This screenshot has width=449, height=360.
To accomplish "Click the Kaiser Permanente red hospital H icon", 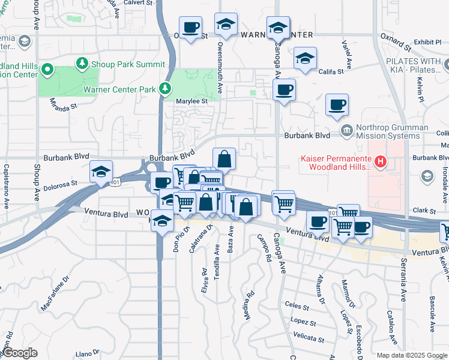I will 379,161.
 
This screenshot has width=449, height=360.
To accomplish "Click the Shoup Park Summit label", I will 127,64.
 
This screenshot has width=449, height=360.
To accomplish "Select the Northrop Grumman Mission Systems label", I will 392,131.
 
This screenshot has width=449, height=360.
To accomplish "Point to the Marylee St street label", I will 191,101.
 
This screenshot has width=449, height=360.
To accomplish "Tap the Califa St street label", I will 331,71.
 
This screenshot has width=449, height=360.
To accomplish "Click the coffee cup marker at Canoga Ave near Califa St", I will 284,91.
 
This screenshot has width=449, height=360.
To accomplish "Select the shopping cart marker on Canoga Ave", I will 283,203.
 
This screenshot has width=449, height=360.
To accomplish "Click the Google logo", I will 20,353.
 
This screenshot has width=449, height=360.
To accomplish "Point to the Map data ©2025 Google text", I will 411,355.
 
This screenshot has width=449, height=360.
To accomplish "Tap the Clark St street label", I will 424,211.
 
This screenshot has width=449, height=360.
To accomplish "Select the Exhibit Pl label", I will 427,42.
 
